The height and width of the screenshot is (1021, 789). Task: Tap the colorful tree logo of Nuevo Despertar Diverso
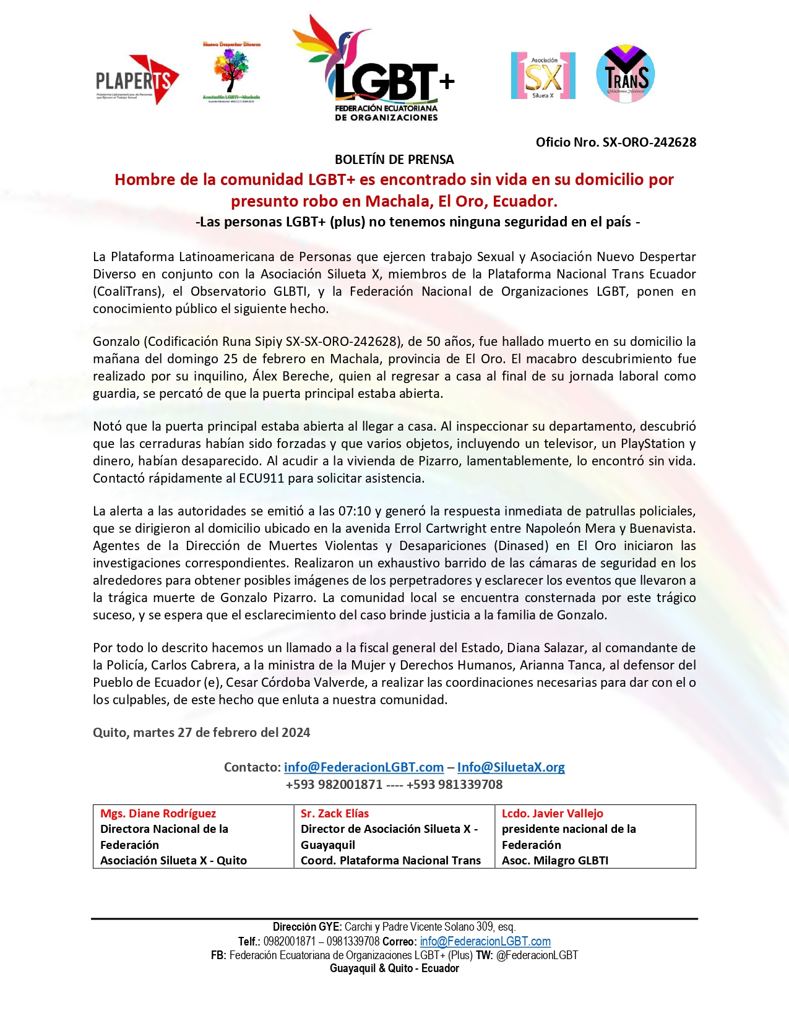click(231, 71)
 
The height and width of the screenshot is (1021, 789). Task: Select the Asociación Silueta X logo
click(543, 75)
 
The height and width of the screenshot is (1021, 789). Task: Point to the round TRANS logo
click(626, 74)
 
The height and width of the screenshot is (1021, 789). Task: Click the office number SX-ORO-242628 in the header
click(649, 142)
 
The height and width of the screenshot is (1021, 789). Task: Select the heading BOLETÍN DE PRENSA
click(394, 160)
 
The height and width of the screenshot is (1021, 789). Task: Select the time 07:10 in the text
click(354, 511)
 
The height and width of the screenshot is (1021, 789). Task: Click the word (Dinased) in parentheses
click(521, 546)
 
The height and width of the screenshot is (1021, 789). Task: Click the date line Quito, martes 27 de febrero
click(201, 733)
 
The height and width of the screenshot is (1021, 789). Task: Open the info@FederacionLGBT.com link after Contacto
click(364, 767)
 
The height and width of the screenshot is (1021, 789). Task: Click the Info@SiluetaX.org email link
click(511, 767)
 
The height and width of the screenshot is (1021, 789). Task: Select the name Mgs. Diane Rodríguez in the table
click(158, 814)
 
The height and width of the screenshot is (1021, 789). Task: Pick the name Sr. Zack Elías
click(335, 814)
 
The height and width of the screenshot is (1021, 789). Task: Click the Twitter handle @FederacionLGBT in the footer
click(537, 955)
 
